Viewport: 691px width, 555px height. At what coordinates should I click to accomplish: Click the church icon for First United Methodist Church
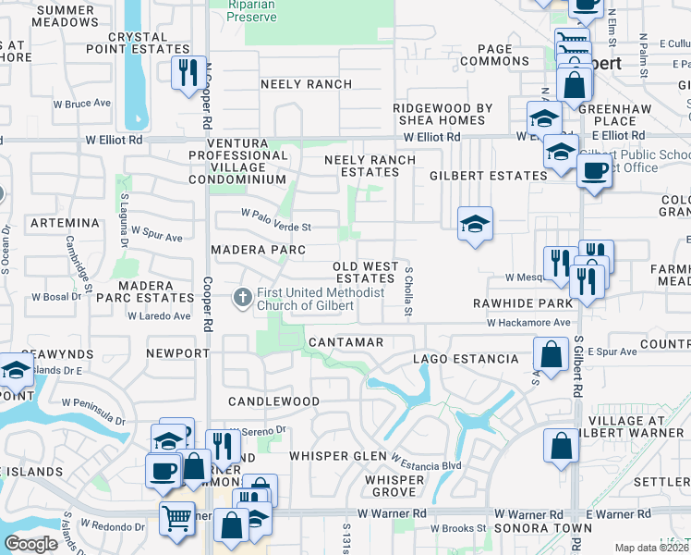(242, 297)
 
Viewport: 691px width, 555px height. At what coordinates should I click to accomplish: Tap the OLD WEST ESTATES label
(366, 272)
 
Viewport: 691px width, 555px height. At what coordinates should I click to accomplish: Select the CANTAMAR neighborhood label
(345, 342)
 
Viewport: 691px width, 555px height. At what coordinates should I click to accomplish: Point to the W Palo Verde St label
(276, 220)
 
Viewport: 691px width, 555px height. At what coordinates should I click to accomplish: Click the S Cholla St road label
(408, 290)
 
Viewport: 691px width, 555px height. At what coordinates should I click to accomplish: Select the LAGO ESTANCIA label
(465, 358)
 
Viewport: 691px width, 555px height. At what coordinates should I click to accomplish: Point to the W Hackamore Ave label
(529, 323)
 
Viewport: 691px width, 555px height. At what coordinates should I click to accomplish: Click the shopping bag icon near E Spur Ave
(552, 355)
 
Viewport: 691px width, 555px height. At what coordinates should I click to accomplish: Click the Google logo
(30, 544)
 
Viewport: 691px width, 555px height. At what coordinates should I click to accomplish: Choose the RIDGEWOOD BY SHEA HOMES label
(442, 114)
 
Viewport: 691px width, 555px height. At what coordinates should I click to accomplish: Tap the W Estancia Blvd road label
(426, 460)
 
